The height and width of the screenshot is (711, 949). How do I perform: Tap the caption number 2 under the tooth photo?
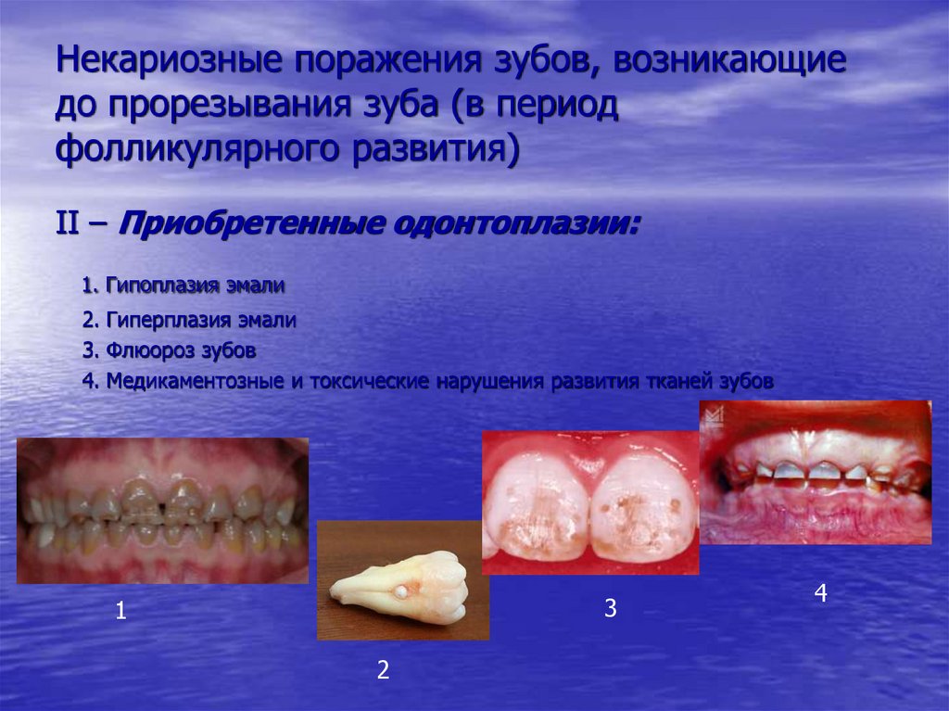pyautogui.click(x=382, y=671)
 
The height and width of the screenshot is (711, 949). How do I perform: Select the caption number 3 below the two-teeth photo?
pyautogui.click(x=610, y=609)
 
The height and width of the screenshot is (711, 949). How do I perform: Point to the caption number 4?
pyautogui.click(x=820, y=594)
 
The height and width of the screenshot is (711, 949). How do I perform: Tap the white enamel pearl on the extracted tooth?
pyautogui.click(x=402, y=590)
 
